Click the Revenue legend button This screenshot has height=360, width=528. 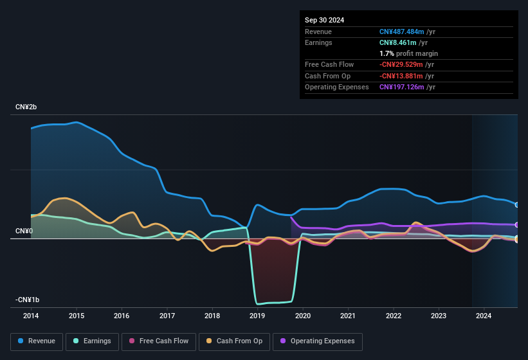pyautogui.click(x=37, y=341)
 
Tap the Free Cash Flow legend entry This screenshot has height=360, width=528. pyautogui.click(x=159, y=341)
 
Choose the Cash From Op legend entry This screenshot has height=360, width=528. pyautogui.click(x=235, y=341)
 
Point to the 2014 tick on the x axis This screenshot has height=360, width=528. pyautogui.click(x=31, y=316)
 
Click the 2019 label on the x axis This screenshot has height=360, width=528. pyautogui.click(x=257, y=316)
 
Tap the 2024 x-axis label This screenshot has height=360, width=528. pyautogui.click(x=484, y=316)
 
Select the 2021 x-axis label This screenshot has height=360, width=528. pyautogui.click(x=348, y=316)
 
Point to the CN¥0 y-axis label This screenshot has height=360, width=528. pyautogui.click(x=24, y=231)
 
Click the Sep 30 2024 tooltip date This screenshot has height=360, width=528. pyautogui.click(x=324, y=20)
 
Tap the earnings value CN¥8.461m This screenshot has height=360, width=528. pyautogui.click(x=398, y=42)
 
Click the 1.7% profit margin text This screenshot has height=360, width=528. pyautogui.click(x=408, y=53)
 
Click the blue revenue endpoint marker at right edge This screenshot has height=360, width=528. pyautogui.click(x=517, y=205)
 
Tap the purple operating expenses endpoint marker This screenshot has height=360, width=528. pyautogui.click(x=517, y=225)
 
